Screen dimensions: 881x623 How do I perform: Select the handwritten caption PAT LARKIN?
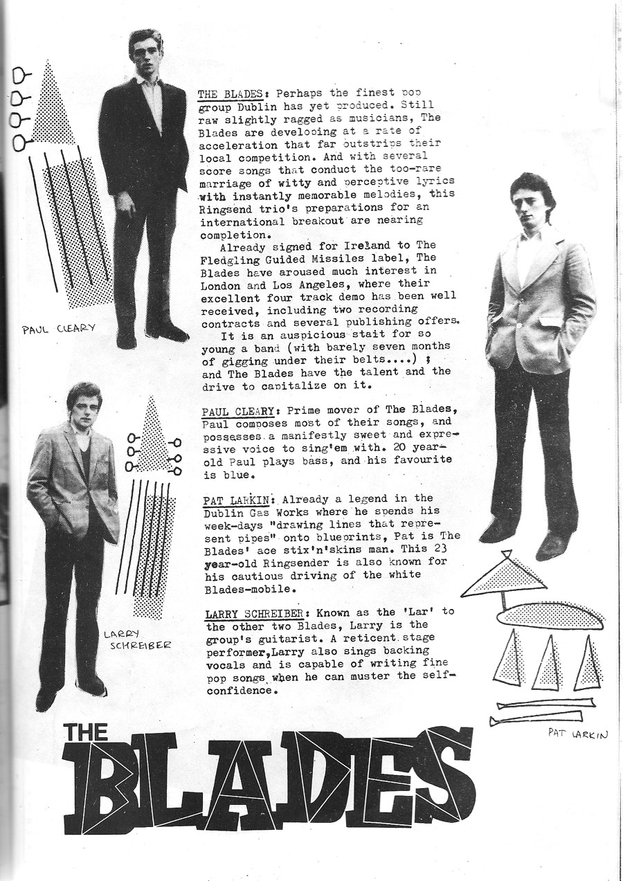(577, 733)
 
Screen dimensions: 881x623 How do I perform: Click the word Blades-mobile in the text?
(243, 590)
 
